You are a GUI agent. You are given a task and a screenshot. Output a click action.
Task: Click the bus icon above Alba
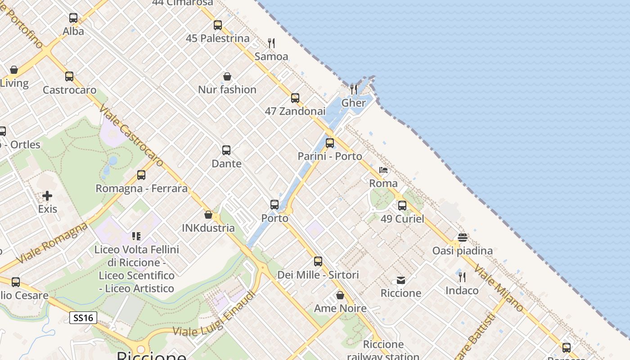click(x=73, y=18)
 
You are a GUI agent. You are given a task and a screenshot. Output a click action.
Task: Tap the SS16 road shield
click(x=83, y=318)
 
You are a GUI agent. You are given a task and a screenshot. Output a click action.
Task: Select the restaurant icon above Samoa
click(x=271, y=43)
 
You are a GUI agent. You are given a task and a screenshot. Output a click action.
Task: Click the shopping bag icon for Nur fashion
click(x=227, y=76)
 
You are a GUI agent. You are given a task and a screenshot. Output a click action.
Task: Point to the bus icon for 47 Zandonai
click(x=295, y=98)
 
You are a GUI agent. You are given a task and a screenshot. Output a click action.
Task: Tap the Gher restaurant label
click(x=354, y=103)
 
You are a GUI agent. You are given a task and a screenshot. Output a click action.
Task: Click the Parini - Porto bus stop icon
click(x=330, y=143)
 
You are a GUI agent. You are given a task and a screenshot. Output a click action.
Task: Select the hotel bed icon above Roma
click(x=383, y=170)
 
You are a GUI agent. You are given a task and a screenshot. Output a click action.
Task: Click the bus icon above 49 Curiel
click(x=402, y=206)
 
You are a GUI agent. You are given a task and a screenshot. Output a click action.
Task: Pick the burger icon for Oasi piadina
click(x=463, y=237)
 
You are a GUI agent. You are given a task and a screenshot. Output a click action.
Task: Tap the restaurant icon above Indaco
click(x=462, y=277)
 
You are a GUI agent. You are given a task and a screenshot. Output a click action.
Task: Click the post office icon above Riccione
click(x=401, y=280)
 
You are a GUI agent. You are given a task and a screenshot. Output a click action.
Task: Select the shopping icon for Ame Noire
click(x=340, y=295)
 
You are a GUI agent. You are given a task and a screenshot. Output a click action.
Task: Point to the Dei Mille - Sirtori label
click(x=318, y=274)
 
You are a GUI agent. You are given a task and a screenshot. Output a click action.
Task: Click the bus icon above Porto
click(x=274, y=205)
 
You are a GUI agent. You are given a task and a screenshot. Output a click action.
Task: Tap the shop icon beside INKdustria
click(x=208, y=215)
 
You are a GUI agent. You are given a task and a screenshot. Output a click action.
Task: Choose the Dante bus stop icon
click(x=226, y=150)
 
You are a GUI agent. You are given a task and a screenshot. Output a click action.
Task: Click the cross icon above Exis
click(x=47, y=196)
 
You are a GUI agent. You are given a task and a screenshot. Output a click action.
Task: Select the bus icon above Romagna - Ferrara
click(x=141, y=175)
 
